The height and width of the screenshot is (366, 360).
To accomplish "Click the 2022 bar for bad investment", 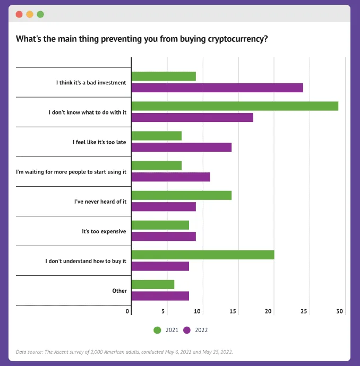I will coord(217,88).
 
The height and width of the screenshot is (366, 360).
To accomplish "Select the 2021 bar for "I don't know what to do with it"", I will coord(235,106).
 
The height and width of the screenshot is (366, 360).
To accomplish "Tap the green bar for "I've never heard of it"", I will coord(181,195).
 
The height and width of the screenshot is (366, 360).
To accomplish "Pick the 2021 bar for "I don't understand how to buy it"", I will coord(203,255).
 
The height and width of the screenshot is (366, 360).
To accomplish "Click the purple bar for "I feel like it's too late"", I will coord(181,147).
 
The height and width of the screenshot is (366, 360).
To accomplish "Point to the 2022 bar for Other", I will coord(160,296).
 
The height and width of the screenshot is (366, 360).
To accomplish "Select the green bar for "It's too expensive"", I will coord(160,225).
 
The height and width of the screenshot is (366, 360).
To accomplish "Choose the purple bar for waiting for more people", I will coord(170,177).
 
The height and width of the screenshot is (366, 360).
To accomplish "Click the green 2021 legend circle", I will coord(157,330).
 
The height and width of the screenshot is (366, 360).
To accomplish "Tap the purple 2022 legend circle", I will coord(187,330).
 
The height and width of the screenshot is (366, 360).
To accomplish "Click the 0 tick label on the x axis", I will coord(127,311).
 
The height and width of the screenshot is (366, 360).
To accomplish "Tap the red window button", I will coord(19,14).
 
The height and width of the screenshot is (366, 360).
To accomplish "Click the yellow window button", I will coord(30,14).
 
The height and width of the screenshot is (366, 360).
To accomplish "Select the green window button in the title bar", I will coord(40,14).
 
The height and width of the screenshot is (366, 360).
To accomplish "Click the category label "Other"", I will coord(119,291).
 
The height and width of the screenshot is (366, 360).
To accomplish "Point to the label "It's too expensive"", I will coord(104,231).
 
